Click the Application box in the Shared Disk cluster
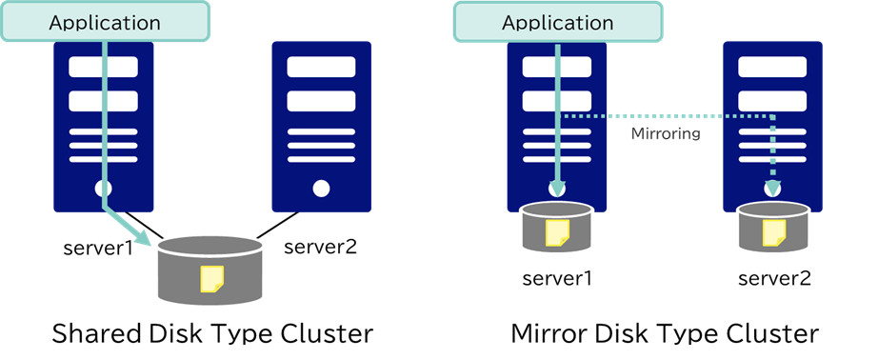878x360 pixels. [x=104, y=21]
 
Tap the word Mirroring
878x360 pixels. [x=666, y=134]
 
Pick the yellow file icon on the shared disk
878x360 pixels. [x=211, y=277]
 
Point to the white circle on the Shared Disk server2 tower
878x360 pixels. [x=321, y=189]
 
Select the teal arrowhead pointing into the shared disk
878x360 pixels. [x=149, y=238]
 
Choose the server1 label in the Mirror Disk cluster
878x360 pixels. [x=557, y=279]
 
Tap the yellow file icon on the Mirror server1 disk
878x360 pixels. [x=557, y=232]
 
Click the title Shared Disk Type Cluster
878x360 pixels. [x=211, y=334]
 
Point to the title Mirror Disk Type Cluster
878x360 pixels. [x=665, y=334]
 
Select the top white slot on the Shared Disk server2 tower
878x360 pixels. [x=321, y=68]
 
